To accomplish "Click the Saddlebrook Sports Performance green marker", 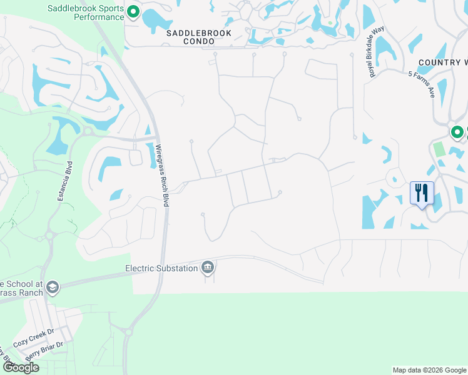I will (x=133, y=12).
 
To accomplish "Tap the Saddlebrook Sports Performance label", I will (x=86, y=12).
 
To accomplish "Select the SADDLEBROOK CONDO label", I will (x=198, y=37).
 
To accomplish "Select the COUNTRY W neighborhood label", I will (x=443, y=62).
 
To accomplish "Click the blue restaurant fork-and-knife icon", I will (x=421, y=192).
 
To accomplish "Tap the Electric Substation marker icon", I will (x=208, y=268).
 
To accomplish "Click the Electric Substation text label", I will (x=161, y=268).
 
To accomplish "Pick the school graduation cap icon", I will (x=52, y=287).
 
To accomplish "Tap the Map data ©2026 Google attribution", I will (x=429, y=370).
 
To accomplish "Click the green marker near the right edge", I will (x=457, y=132).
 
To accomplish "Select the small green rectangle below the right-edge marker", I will (x=439, y=149).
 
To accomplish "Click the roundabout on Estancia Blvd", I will (x=49, y=236).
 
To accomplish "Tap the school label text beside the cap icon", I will (x=21, y=287).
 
